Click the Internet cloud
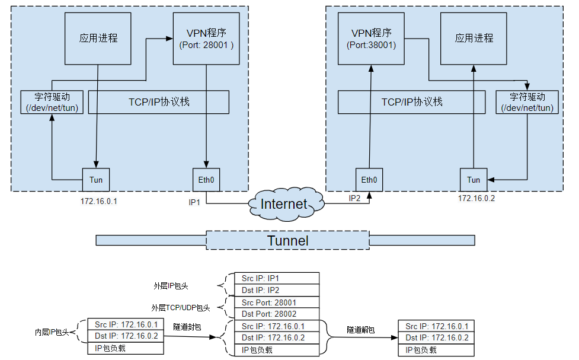[284, 204]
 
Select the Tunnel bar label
[288, 240]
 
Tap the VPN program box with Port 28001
[206, 39]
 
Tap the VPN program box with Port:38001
[372, 39]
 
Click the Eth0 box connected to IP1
[206, 180]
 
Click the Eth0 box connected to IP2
[369, 180]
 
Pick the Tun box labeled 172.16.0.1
[96, 180]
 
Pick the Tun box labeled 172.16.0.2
[474, 180]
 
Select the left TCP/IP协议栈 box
[159, 102]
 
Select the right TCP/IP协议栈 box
[412, 102]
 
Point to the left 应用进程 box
[98, 39]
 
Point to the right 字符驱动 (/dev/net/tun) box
[527, 102]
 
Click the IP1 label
[196, 202]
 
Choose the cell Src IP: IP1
[273, 278]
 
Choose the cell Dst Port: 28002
[273, 314]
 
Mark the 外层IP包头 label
[171, 285]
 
